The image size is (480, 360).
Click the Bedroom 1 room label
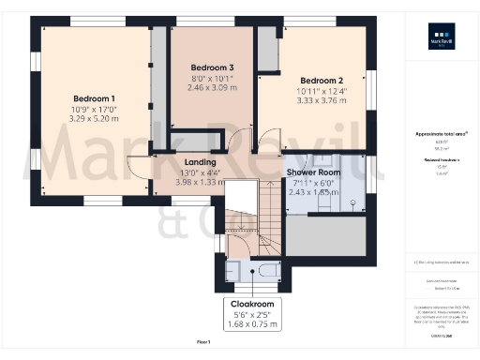(x=94, y=98)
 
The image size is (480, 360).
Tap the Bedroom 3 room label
(x=211, y=67)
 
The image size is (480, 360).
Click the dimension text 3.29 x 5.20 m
(x=94, y=121)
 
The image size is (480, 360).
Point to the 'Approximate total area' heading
(x=441, y=134)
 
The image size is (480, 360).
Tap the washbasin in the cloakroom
(x=233, y=273)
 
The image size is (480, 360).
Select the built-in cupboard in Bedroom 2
(x=269, y=50)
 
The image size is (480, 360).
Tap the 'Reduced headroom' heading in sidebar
(x=441, y=160)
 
